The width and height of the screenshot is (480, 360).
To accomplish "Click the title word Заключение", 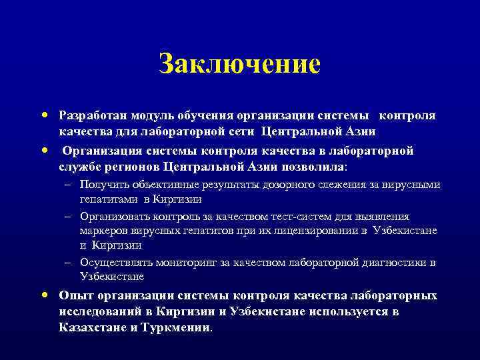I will [x=240, y=65].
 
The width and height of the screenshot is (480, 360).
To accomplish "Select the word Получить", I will [x=103, y=184].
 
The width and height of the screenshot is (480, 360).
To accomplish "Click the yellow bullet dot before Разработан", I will [x=43, y=115].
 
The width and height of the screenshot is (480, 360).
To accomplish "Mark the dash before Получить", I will [x=69, y=184].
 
